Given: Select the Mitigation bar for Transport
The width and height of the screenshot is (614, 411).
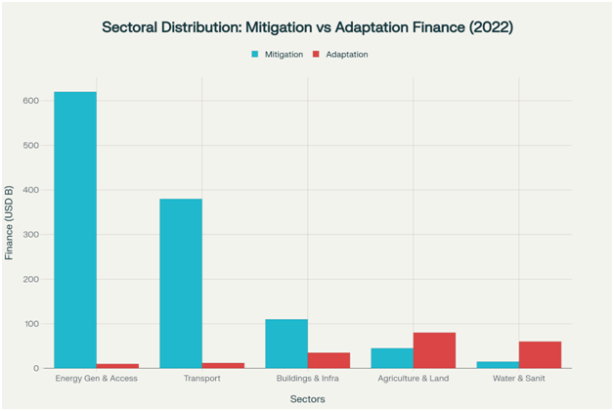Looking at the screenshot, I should tap(181, 284).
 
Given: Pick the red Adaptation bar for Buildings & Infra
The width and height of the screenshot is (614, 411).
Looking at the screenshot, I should tap(329, 360).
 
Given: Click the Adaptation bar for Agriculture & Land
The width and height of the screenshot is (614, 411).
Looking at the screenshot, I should tap(434, 350).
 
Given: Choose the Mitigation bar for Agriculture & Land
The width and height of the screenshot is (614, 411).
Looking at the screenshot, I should tap(392, 358).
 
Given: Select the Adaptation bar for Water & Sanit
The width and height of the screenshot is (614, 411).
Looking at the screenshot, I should tap(540, 355).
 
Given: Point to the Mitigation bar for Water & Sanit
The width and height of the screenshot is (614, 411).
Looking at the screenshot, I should tap(498, 365).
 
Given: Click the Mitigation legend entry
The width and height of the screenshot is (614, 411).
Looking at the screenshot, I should tap(277, 54).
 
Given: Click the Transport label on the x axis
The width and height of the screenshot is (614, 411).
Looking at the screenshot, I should tap(201, 379).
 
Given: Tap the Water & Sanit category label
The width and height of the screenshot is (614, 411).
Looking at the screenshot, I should tap(518, 379).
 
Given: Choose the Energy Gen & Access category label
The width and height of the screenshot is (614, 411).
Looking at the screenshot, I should tap(96, 379).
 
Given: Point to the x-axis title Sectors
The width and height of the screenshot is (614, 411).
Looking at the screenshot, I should tap(307, 398).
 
